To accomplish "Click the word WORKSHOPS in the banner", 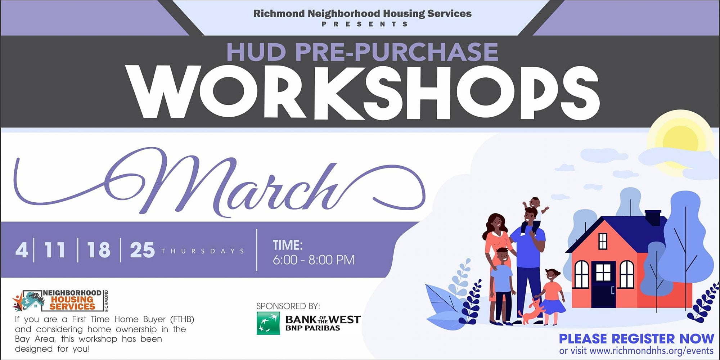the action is coord(364,93).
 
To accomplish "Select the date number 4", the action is coord(22,250).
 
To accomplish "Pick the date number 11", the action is coord(55,250).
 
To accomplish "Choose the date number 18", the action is coord(99,250).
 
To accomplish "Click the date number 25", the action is coord(143,250).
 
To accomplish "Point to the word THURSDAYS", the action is coord(203,251).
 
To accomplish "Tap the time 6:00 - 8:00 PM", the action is coord(314,260).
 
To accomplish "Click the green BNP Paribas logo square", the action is coord(268,323).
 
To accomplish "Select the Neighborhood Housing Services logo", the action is coord(60,301).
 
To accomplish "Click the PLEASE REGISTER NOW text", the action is coord(636,339).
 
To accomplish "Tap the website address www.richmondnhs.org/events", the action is coord(652,351).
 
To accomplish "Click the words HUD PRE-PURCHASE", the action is coord(362,52).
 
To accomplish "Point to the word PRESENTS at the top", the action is coord(365,24).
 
